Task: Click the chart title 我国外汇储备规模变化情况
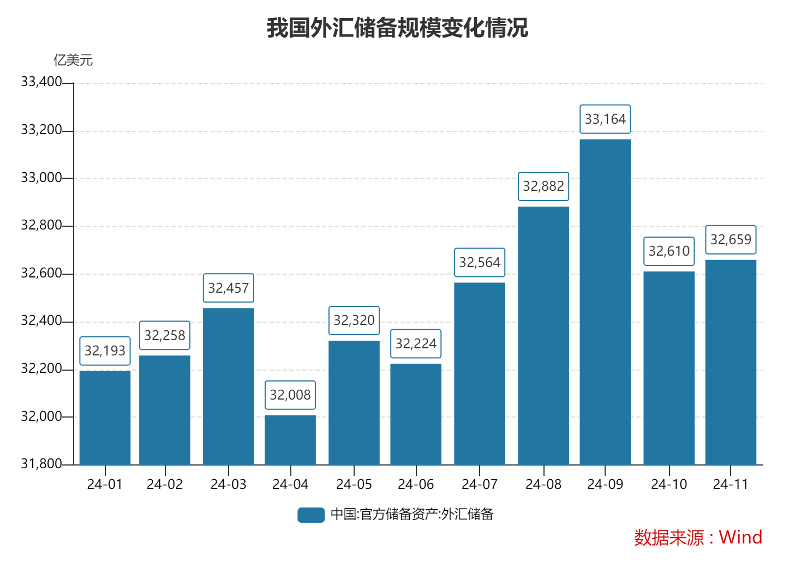point(397,28)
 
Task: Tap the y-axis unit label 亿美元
point(73,60)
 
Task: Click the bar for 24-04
point(290,440)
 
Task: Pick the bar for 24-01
point(105,418)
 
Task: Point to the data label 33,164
point(605,119)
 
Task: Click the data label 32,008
point(290,395)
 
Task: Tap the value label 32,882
point(543,186)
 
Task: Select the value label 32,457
point(228,288)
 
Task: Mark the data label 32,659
point(731,239)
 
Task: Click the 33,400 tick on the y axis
point(41,82)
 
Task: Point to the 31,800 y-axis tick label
point(41,464)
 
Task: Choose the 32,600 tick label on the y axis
point(41,273)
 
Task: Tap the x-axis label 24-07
point(479,484)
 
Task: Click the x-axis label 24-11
point(731,484)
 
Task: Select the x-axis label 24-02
point(165,484)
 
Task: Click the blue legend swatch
point(311,515)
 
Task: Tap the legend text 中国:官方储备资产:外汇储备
point(412,515)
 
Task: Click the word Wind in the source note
point(740,537)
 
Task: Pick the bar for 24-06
point(416,414)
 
